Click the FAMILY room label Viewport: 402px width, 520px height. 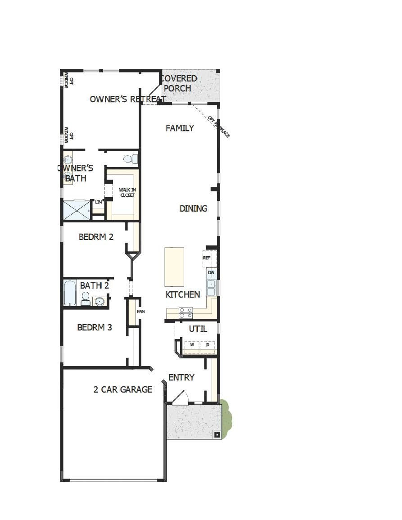coord(180,128)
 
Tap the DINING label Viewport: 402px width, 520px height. coord(193,208)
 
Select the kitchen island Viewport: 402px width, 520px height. coord(174,267)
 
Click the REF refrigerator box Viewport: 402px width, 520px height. coord(207,258)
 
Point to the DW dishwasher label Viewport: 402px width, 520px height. coord(211,273)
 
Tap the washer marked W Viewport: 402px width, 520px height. coord(192,345)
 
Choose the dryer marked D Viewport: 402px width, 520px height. coord(207,345)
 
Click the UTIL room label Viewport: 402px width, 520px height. coord(198,329)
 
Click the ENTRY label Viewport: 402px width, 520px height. coord(181,377)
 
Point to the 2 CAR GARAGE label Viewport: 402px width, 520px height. coord(122,389)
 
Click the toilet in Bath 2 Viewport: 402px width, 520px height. coord(85,298)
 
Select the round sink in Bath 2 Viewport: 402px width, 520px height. coord(99,301)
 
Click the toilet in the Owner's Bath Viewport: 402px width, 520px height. coord(129,158)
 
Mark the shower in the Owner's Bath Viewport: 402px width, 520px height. coord(76,209)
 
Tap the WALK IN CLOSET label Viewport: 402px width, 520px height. coord(127,192)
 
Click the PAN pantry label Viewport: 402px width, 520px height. coord(140,311)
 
